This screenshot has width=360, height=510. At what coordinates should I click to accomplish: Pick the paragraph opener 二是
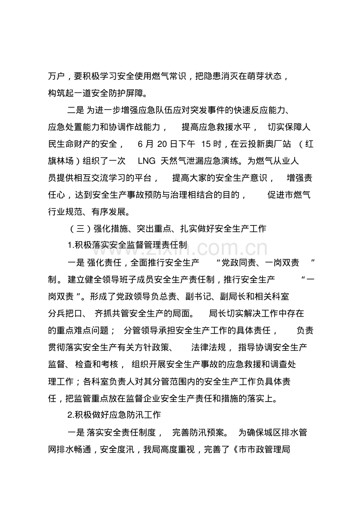(76, 110)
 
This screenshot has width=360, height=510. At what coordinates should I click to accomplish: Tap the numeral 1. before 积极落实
(70, 245)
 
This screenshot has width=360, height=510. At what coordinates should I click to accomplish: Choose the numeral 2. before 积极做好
(70, 414)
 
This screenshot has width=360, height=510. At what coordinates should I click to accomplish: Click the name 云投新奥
(256, 144)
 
